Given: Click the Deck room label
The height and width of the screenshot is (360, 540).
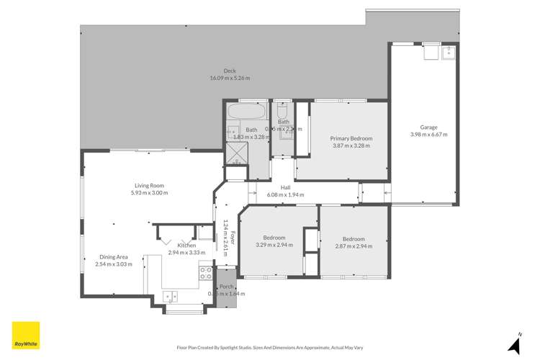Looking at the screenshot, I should (x=229, y=71).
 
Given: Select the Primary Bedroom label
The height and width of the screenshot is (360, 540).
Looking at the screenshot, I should (x=351, y=138).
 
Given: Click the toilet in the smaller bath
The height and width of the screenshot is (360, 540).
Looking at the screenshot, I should (x=282, y=112).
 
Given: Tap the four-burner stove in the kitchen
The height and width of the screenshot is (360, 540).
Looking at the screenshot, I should (x=205, y=273).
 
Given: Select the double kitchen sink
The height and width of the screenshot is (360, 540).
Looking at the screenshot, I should (x=171, y=295).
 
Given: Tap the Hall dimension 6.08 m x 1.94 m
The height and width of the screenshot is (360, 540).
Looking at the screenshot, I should (x=285, y=195).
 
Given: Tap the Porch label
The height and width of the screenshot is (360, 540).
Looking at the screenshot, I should (x=226, y=287).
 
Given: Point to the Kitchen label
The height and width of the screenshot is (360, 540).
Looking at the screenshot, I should (x=187, y=246).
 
